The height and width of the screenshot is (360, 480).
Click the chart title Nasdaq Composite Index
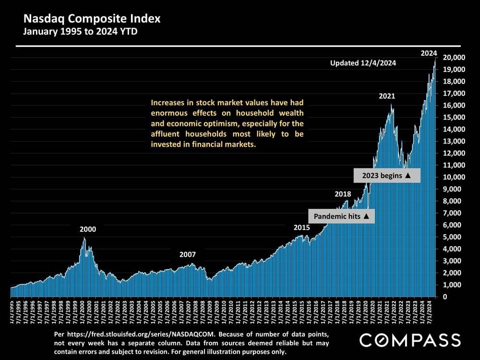click(93, 20)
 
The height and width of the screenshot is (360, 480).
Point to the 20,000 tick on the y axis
click(453, 58)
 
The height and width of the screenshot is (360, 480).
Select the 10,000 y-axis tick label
click(453, 177)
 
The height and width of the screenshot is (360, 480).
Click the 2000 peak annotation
click(88, 229)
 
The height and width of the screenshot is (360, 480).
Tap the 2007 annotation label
click(188, 254)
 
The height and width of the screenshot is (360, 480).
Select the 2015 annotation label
click(301, 228)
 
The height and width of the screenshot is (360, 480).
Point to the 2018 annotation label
click(342, 194)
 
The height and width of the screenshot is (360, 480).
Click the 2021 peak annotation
click(387, 96)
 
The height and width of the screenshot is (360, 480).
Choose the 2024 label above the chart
click(429, 53)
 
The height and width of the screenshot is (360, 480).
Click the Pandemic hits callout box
click(341, 216)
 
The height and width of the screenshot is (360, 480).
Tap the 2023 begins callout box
click(387, 175)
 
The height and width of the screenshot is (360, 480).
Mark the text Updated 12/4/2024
click(363, 63)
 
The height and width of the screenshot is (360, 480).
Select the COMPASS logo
click(410, 340)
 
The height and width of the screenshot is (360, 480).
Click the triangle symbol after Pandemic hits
click(366, 216)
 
